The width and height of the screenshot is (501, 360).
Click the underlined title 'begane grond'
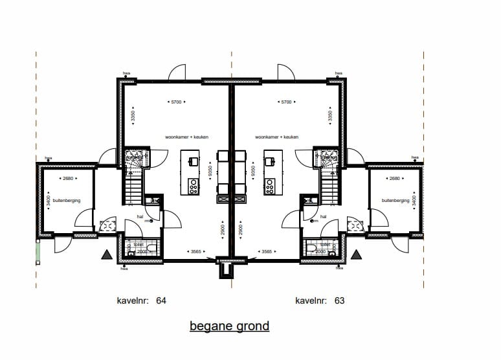(x=229, y=326)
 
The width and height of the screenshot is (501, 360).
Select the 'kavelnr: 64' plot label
(x=142, y=300)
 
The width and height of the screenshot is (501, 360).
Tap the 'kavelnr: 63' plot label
(x=320, y=300)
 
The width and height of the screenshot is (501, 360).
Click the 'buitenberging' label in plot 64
(x=67, y=201)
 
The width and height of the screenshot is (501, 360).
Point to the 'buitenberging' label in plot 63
(x=395, y=201)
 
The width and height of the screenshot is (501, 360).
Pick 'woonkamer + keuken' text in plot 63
(x=276, y=137)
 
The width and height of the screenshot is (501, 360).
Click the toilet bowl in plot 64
(x=150, y=247)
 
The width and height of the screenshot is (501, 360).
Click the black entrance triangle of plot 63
(x=355, y=255)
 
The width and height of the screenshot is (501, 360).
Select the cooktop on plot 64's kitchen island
(x=192, y=186)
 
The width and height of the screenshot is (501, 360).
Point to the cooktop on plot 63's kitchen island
(x=270, y=186)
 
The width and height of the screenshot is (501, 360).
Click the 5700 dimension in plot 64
(x=176, y=102)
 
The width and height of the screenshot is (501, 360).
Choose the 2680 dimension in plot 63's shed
(x=394, y=179)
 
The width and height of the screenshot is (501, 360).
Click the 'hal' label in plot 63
(x=323, y=218)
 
